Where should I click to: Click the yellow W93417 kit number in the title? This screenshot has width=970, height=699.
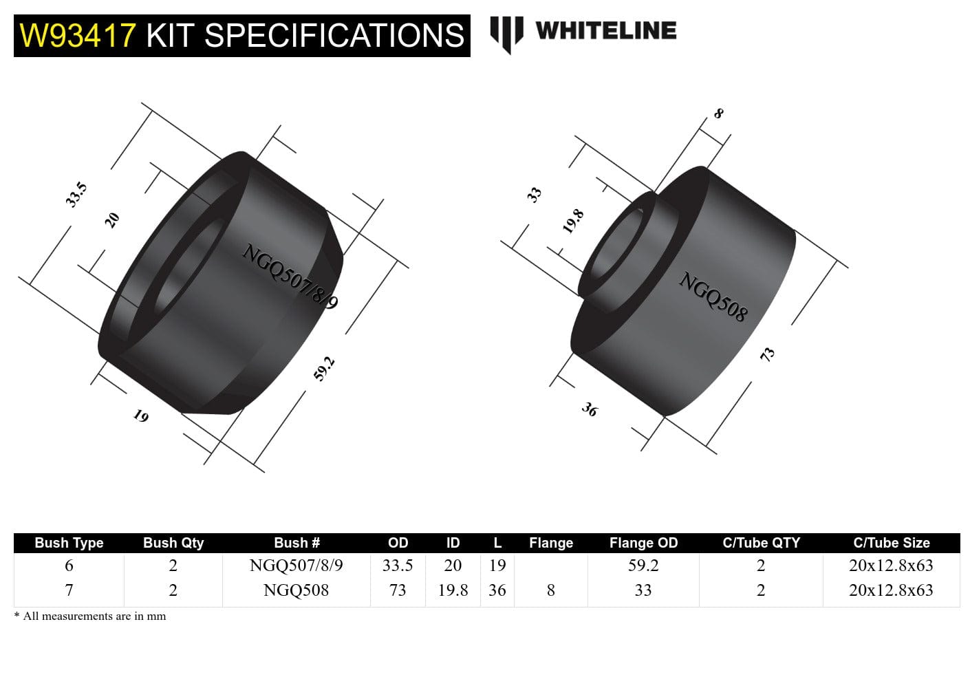click(x=78, y=36)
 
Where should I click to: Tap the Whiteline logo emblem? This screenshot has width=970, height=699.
click(x=506, y=33)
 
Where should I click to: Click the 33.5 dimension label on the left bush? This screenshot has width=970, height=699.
click(x=76, y=195)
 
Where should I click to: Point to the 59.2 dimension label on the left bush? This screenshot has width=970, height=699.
click(x=324, y=368)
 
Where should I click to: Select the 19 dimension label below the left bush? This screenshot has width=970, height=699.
click(x=140, y=416)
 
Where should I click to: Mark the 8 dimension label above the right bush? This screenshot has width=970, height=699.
click(x=718, y=114)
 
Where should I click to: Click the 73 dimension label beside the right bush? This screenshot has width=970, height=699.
click(x=767, y=354)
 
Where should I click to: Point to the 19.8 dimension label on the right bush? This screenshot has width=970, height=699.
click(x=573, y=221)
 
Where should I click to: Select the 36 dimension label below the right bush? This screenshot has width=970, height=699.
click(x=590, y=409)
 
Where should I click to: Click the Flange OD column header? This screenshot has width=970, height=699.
click(x=643, y=543)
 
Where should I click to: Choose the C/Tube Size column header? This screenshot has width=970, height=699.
click(x=891, y=543)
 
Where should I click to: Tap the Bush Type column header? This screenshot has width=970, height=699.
click(x=69, y=543)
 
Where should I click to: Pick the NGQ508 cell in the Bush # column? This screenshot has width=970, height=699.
click(x=296, y=590)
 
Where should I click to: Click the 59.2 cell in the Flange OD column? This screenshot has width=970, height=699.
click(x=643, y=566)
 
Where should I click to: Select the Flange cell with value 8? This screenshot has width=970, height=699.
click(x=550, y=590)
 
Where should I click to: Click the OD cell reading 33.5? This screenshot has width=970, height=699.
click(x=398, y=566)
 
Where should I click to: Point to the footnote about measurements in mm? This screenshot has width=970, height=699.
click(x=90, y=616)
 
